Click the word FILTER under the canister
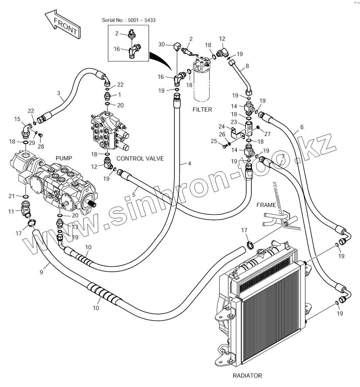pos(202,109)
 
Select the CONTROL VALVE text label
pos(140,159)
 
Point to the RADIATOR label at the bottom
pos(247,376)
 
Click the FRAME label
pos(266,205)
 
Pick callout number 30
pos(161,44)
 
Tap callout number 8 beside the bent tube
pos(247,66)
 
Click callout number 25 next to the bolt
pos(214,141)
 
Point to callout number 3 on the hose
pos(59,93)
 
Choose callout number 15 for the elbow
pos(17,119)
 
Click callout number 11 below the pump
pos(11,211)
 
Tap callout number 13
pos(75,227)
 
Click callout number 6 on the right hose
pos(302,127)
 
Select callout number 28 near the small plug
pos(41,147)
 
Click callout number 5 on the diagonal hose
pos(134,195)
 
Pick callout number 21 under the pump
pos(11,196)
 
